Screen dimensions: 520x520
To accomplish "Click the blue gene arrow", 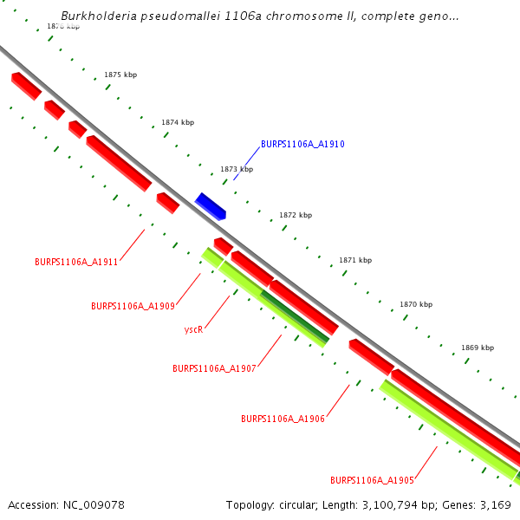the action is (x=210, y=206).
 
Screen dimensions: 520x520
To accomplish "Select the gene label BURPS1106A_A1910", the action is (x=302, y=144).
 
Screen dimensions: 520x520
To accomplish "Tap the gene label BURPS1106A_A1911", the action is (x=76, y=262).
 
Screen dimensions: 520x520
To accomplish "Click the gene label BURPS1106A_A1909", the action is (x=133, y=306).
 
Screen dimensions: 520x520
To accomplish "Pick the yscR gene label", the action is (x=193, y=330).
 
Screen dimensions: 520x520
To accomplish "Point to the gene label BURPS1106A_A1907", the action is (x=214, y=368).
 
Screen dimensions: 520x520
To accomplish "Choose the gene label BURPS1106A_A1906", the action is (x=283, y=419).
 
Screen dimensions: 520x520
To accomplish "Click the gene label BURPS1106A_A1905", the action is (x=372, y=480).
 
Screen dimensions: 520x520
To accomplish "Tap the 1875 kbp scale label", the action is (x=120, y=75).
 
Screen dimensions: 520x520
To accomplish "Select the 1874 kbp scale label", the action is (x=178, y=122).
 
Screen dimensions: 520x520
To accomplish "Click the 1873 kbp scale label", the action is (x=237, y=169).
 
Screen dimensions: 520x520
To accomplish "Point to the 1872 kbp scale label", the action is (x=296, y=215).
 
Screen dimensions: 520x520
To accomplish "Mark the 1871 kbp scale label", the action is (x=355, y=260).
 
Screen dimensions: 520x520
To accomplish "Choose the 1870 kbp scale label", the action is (x=416, y=305).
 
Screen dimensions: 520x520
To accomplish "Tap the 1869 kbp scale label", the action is (x=477, y=348).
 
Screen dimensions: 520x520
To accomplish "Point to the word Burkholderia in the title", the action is (x=96, y=16).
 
